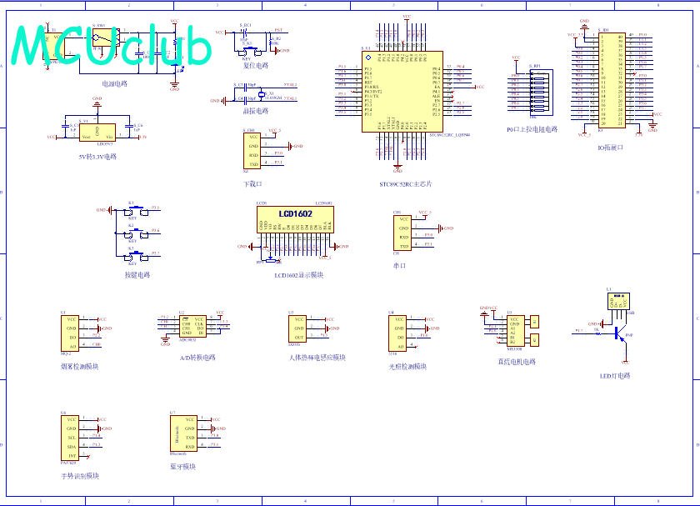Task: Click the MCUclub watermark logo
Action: pyautogui.click(x=112, y=45)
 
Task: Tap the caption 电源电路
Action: pyautogui.click(x=114, y=83)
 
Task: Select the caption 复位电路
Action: pyautogui.click(x=256, y=65)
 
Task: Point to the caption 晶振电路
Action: pyautogui.click(x=256, y=110)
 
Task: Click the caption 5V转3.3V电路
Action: pyautogui.click(x=97, y=156)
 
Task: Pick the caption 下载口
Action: pyautogui.click(x=252, y=183)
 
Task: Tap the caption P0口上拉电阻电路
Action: pyautogui.click(x=532, y=129)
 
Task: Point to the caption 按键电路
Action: pyautogui.click(x=137, y=274)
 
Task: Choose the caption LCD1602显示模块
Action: pyautogui.click(x=298, y=274)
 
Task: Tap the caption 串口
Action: pyautogui.click(x=399, y=266)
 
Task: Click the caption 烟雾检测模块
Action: pyautogui.click(x=79, y=366)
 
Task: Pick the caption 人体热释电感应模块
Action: pyautogui.click(x=317, y=358)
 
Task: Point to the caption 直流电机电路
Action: pyautogui.click(x=517, y=362)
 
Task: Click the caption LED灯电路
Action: pyautogui.click(x=615, y=375)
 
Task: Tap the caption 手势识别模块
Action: pyautogui.click(x=79, y=476)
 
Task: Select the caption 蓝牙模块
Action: pyautogui.click(x=182, y=467)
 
